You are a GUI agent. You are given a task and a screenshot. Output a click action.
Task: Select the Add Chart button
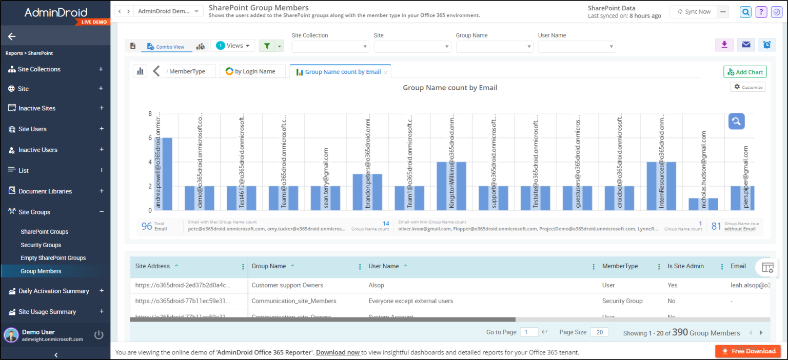(x=745, y=72)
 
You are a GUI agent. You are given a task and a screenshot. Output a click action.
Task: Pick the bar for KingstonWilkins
(x=451, y=186)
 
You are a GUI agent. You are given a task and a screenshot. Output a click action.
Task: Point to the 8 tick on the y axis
(x=150, y=114)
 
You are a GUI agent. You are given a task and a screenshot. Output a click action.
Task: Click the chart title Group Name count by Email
(x=450, y=88)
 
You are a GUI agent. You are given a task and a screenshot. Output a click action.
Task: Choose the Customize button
(x=748, y=87)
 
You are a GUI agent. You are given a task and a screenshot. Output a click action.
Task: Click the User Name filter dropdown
(x=577, y=47)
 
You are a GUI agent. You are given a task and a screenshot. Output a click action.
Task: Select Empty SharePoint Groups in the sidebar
(x=53, y=258)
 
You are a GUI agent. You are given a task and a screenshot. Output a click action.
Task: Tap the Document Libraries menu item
(x=45, y=191)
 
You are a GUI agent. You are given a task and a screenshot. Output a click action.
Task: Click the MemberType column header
(x=620, y=266)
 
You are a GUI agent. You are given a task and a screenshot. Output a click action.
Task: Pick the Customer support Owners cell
(x=287, y=285)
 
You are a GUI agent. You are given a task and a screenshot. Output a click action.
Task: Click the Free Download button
(x=748, y=351)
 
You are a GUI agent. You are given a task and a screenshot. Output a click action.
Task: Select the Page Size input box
(x=599, y=332)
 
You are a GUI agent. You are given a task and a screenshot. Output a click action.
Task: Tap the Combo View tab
(x=166, y=47)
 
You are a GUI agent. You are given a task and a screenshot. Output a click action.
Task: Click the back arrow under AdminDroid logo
(x=12, y=36)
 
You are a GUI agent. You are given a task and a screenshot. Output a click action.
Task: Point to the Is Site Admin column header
(x=685, y=266)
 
